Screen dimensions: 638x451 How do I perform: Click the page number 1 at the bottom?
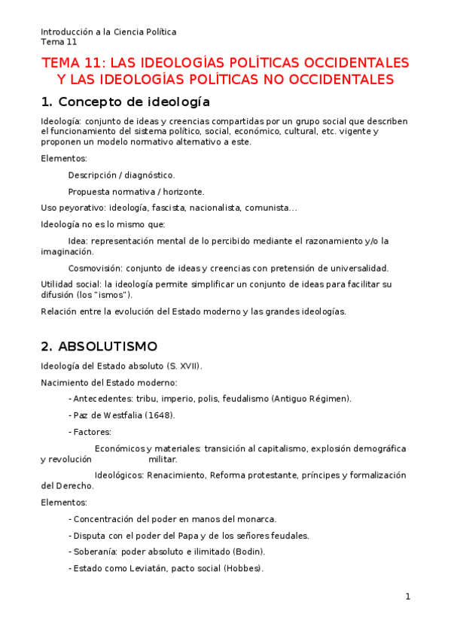[407, 597]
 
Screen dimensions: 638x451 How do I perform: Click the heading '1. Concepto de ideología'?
[125, 102]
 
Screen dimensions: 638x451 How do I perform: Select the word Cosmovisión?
[95, 268]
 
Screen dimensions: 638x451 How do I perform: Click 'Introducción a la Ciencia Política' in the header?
[108, 32]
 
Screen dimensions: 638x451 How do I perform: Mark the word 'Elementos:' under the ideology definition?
[64, 159]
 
